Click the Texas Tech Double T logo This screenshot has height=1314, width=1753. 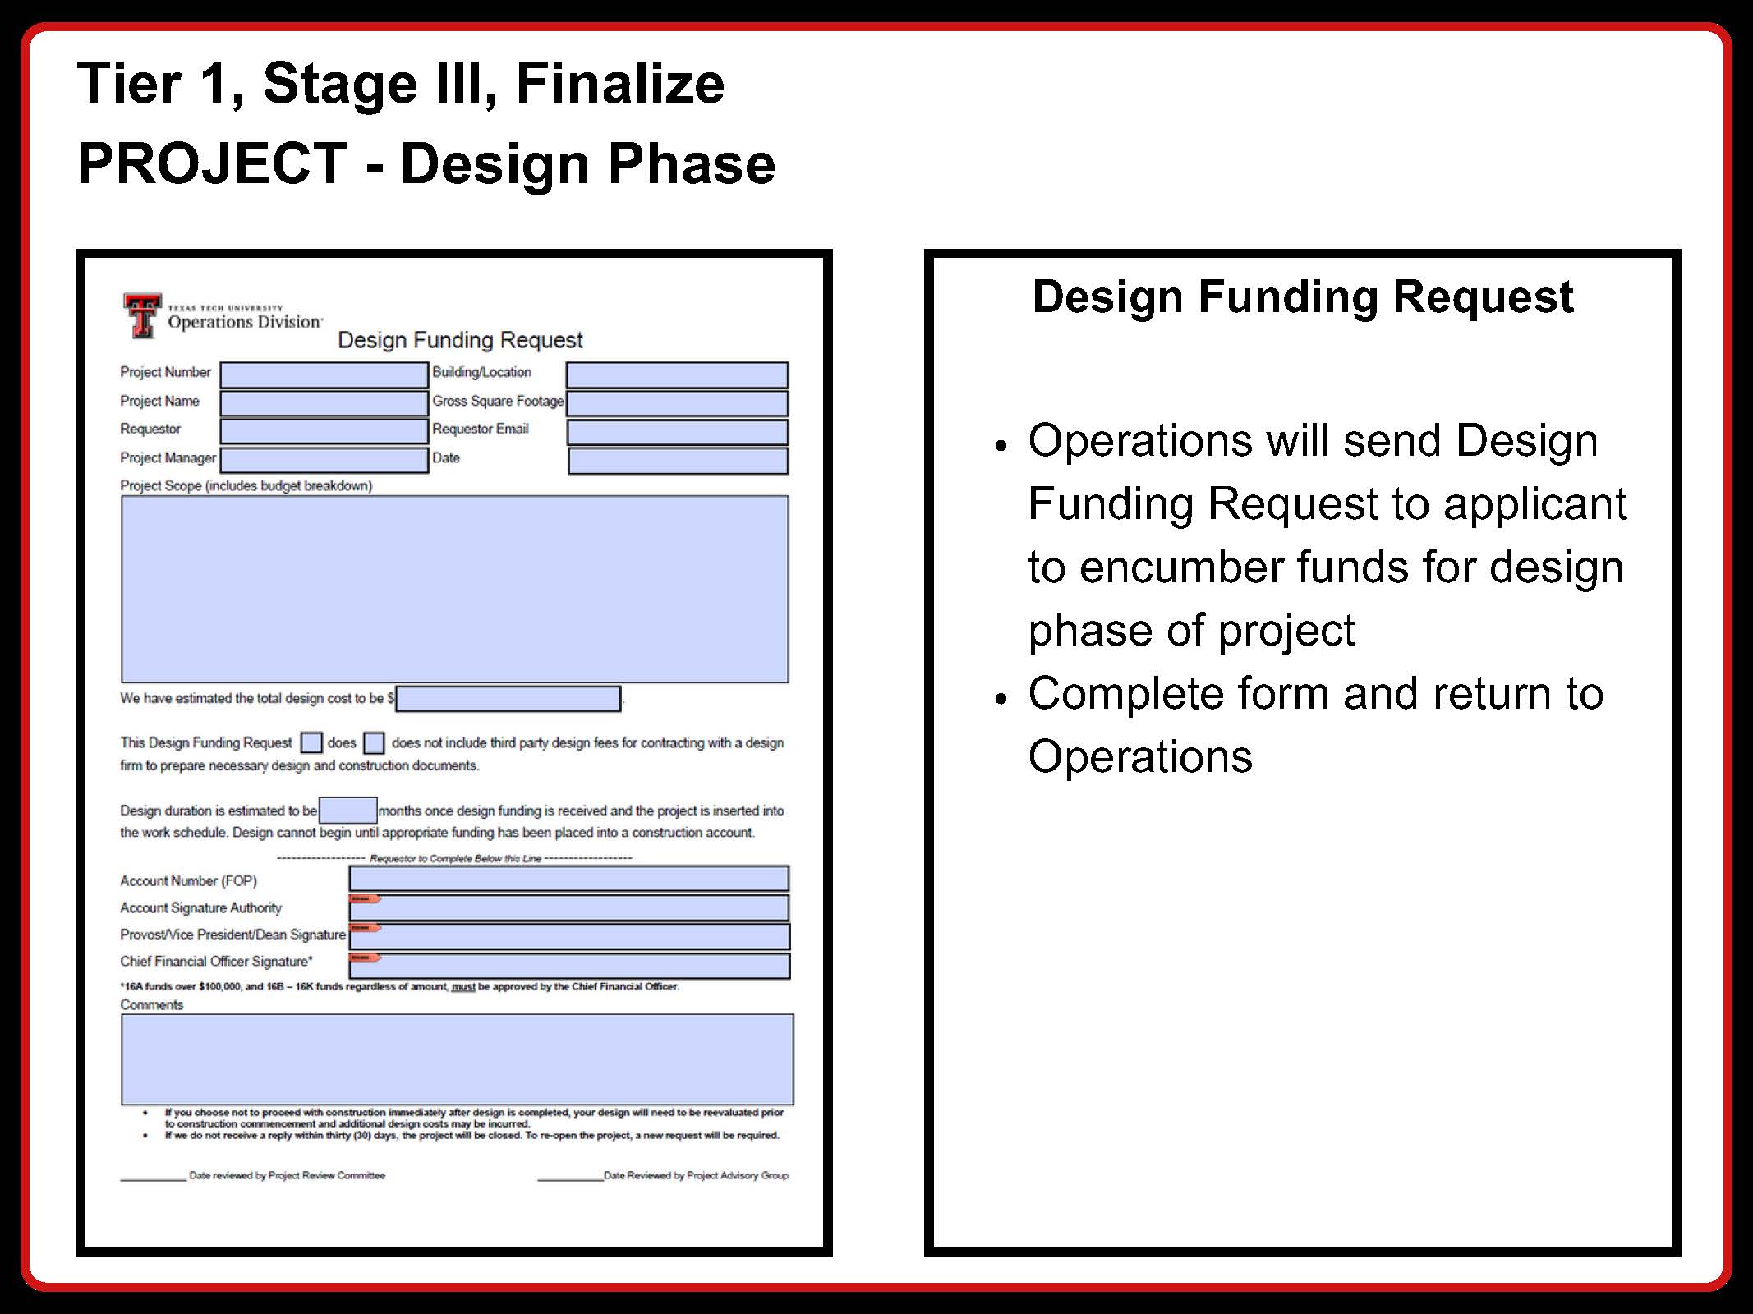[142, 315]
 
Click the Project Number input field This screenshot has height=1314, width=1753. [324, 374]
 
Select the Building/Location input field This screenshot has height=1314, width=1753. [676, 374]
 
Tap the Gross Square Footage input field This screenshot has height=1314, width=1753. [676, 403]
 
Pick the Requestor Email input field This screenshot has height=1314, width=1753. [677, 432]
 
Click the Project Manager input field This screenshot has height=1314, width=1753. [324, 460]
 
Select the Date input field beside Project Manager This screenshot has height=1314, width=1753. [677, 461]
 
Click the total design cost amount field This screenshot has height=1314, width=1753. [508, 699]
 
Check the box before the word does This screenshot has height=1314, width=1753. [311, 742]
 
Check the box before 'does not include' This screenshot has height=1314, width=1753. [374, 742]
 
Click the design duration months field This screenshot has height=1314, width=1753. [347, 810]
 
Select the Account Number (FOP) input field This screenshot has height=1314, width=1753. [568, 879]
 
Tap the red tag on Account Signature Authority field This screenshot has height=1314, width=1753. [364, 898]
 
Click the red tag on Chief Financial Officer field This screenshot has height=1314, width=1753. [364, 957]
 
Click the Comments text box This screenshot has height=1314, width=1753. [457, 1059]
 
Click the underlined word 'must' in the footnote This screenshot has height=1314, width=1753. [463, 986]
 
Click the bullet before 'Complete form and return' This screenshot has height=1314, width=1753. [1000, 698]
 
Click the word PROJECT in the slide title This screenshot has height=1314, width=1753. [213, 163]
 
